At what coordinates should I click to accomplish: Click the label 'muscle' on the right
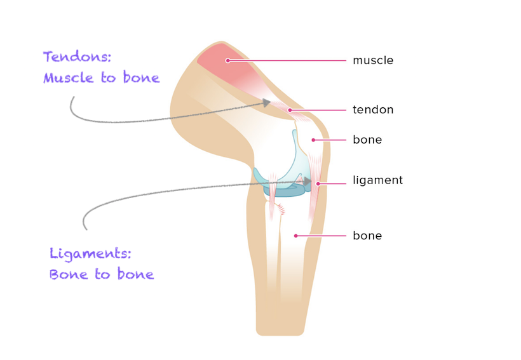(x=373, y=61)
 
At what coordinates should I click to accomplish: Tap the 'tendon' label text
(x=373, y=110)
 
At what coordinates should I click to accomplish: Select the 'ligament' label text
(x=377, y=180)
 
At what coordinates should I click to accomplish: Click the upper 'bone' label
(x=367, y=140)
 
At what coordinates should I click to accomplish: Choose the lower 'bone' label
(x=367, y=236)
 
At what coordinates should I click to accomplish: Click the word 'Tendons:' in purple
(x=77, y=57)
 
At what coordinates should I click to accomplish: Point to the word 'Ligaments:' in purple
(x=90, y=254)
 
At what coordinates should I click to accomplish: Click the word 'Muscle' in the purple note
(x=67, y=78)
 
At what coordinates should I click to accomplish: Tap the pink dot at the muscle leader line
(x=227, y=61)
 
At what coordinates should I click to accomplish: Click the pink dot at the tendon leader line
(x=290, y=110)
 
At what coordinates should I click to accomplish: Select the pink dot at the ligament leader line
(x=318, y=184)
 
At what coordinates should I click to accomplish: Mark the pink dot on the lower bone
(x=295, y=236)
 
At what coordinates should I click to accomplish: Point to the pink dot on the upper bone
(x=313, y=140)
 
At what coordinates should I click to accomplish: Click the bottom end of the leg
(x=280, y=331)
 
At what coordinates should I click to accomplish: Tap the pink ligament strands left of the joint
(x=274, y=194)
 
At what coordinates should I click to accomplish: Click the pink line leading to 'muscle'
(x=286, y=61)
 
